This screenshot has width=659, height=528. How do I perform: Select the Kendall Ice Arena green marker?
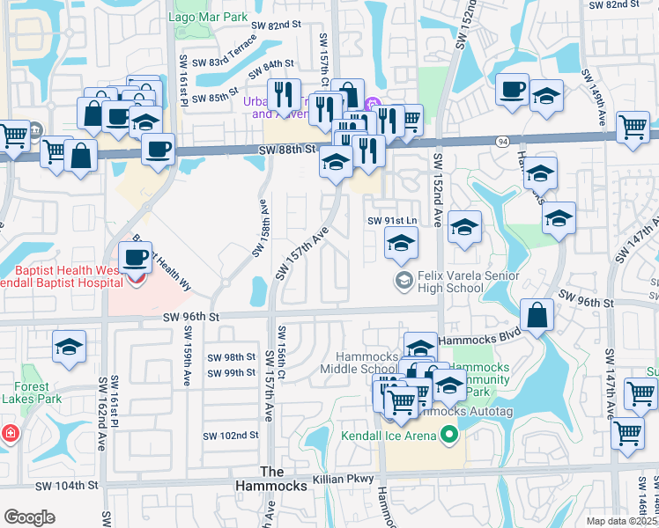[x=449, y=435]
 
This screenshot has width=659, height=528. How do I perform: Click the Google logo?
[x=29, y=517]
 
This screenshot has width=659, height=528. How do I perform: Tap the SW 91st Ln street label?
[x=391, y=220]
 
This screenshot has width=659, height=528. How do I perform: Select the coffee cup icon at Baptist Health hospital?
[x=135, y=258]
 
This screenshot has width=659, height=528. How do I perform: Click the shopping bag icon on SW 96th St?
[x=537, y=315]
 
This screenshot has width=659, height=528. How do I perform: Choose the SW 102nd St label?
[x=230, y=435]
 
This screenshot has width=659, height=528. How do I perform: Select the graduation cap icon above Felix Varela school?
[x=401, y=243]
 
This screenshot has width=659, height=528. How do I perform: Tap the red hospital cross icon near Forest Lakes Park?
[x=8, y=434]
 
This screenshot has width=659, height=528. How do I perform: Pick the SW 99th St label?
[x=232, y=373]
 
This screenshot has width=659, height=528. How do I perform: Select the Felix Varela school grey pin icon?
[x=404, y=281]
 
